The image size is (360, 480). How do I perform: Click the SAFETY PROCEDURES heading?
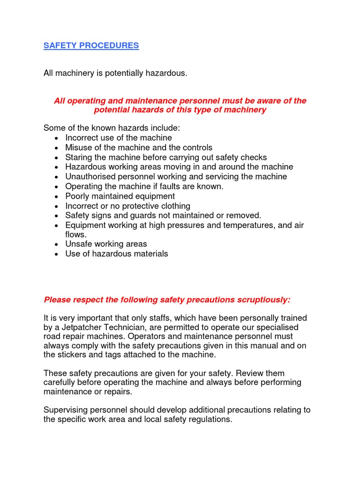coord(91,45)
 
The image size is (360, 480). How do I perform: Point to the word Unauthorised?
coord(89,177)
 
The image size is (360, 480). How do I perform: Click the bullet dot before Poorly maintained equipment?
coord(56,196)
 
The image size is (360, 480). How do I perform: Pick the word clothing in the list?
coord(174,206)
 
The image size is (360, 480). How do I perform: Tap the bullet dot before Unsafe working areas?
coord(56,244)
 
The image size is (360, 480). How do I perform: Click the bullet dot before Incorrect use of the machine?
coord(56,138)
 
